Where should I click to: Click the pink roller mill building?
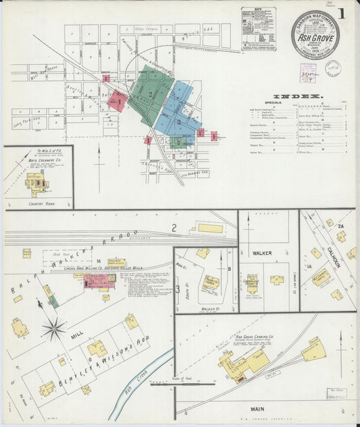[x=99, y=280]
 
